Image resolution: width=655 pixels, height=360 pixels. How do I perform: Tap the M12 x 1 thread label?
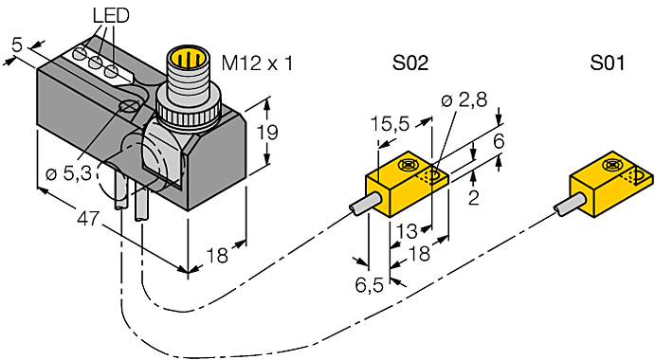pyautogui.click(x=257, y=63)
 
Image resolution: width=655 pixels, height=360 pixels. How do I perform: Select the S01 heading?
pyautogui.click(x=608, y=63)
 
